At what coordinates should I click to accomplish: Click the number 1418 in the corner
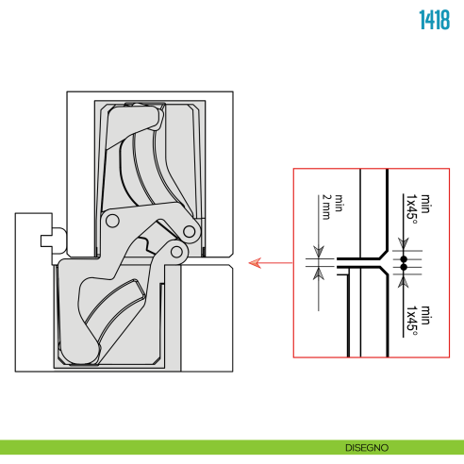435,20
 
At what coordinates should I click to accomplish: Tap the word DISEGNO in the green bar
367,448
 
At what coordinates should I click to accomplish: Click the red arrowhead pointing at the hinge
255,263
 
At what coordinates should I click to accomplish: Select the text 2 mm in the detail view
326,207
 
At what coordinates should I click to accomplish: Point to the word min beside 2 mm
339,203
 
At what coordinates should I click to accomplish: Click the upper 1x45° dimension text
412,209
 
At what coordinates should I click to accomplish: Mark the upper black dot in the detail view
404,259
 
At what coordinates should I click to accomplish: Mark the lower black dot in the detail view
404,267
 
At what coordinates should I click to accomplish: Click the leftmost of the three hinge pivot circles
112,221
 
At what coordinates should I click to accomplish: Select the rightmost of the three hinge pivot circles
189,232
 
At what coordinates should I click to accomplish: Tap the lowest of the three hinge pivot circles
176,252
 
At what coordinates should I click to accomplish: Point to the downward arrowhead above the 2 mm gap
319,252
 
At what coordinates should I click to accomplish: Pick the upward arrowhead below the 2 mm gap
319,273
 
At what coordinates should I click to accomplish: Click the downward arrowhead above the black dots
404,243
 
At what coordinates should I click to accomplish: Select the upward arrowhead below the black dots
404,282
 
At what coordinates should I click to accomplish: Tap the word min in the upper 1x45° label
425,204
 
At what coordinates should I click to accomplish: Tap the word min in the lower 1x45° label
425,315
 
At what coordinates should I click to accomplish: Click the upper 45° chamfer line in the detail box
384,255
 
